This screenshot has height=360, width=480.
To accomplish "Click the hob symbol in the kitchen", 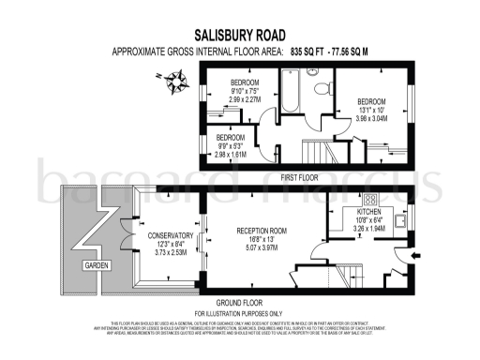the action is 369,200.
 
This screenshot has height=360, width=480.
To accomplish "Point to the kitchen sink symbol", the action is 401,223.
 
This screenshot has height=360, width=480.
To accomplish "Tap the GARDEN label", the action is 94,266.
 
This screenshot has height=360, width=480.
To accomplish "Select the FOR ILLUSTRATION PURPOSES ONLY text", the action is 238,311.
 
